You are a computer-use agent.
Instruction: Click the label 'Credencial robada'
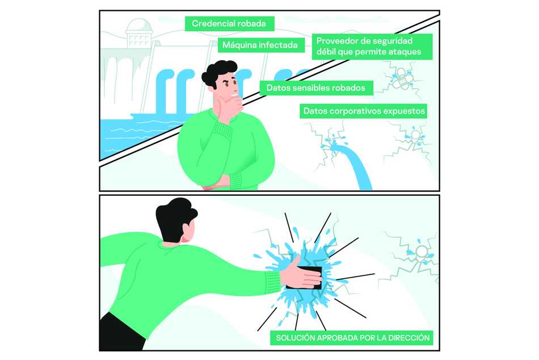tap(229, 24)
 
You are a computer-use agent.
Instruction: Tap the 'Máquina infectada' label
tap(261, 45)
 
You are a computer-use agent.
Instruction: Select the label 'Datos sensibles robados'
tap(316, 88)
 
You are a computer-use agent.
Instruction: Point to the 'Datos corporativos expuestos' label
tap(364, 111)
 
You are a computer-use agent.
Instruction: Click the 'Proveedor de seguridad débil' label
tap(372, 47)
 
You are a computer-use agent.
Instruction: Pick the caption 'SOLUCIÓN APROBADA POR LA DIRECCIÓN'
tap(353, 338)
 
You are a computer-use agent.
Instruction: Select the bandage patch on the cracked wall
tap(402, 78)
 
